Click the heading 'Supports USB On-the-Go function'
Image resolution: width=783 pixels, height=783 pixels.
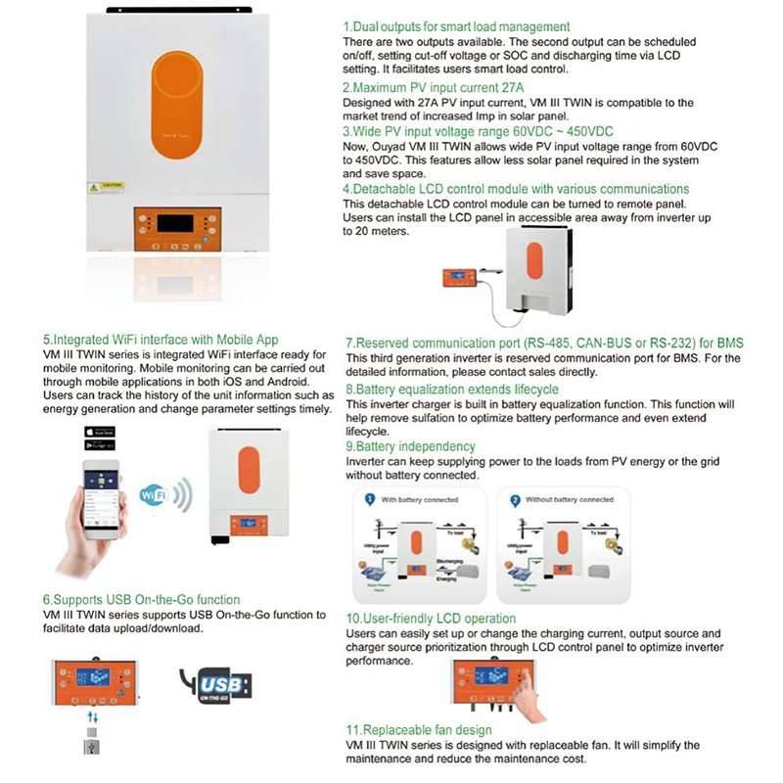[x=141, y=599]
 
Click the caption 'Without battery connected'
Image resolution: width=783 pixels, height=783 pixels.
[x=568, y=499]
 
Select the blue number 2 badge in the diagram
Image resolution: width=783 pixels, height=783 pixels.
[x=512, y=499]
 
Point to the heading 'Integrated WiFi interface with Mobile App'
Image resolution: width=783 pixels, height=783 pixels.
[x=153, y=340]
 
